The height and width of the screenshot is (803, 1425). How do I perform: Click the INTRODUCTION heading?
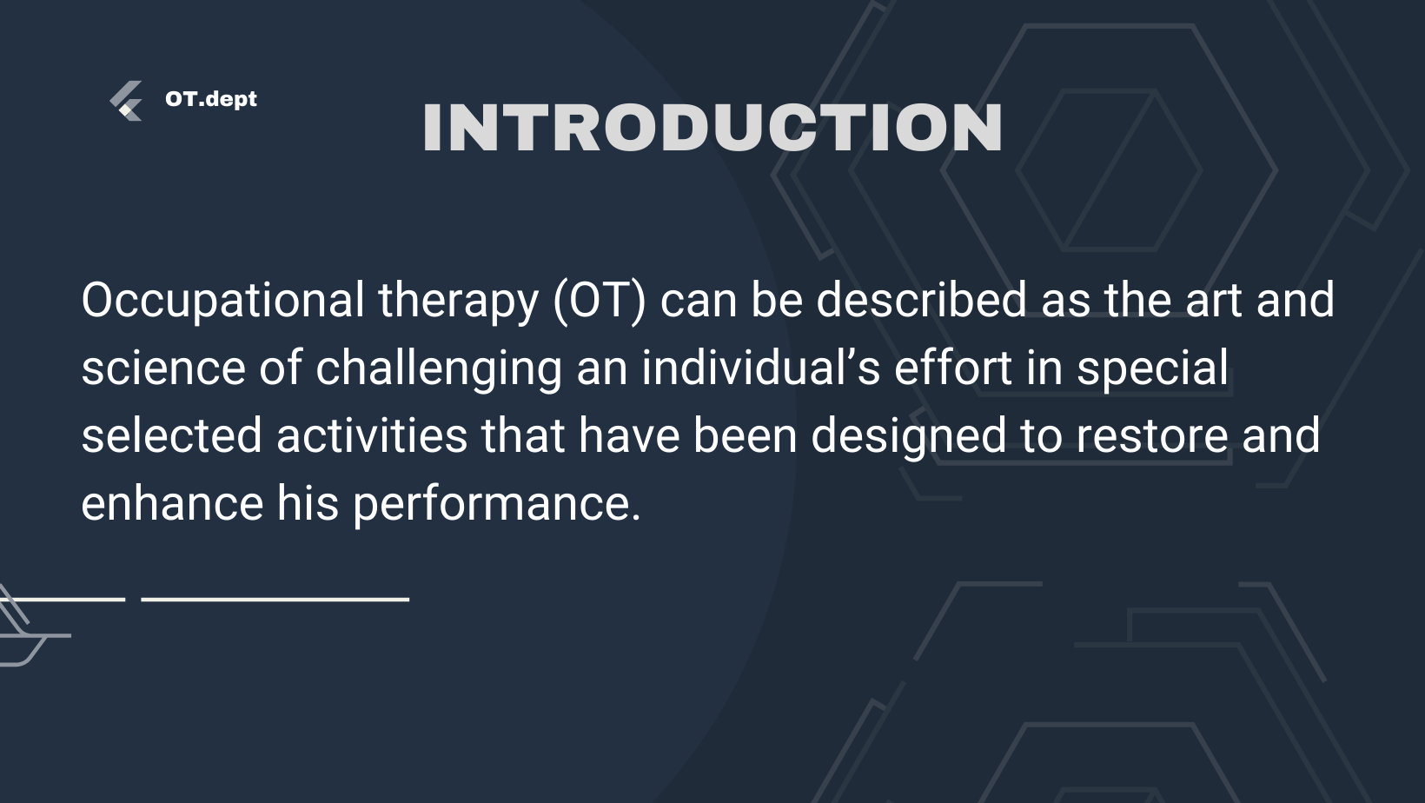pyautogui.click(x=712, y=127)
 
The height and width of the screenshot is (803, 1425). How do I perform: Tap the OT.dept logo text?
pyautogui.click(x=210, y=99)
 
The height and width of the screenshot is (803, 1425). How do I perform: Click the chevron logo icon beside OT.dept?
pyautogui.click(x=126, y=101)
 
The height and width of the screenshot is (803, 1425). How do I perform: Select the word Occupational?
pyautogui.click(x=222, y=301)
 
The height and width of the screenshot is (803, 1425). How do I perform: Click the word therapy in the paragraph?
pyautogui.click(x=459, y=301)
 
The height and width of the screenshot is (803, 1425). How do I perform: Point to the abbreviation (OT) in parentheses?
pyautogui.click(x=600, y=301)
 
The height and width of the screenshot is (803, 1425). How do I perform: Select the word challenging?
pyautogui.click(x=439, y=369)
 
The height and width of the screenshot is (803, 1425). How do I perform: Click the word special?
pyautogui.click(x=1152, y=369)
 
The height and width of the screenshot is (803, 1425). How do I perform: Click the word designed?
pyautogui.click(x=909, y=437)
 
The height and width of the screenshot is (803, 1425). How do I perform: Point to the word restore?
pyautogui.click(x=1152, y=436)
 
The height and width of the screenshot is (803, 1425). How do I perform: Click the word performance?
pyautogui.click(x=497, y=505)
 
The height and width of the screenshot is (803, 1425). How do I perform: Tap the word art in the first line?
pyautogui.click(x=1213, y=301)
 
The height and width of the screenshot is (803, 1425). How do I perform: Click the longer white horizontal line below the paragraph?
pyautogui.click(x=275, y=600)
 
